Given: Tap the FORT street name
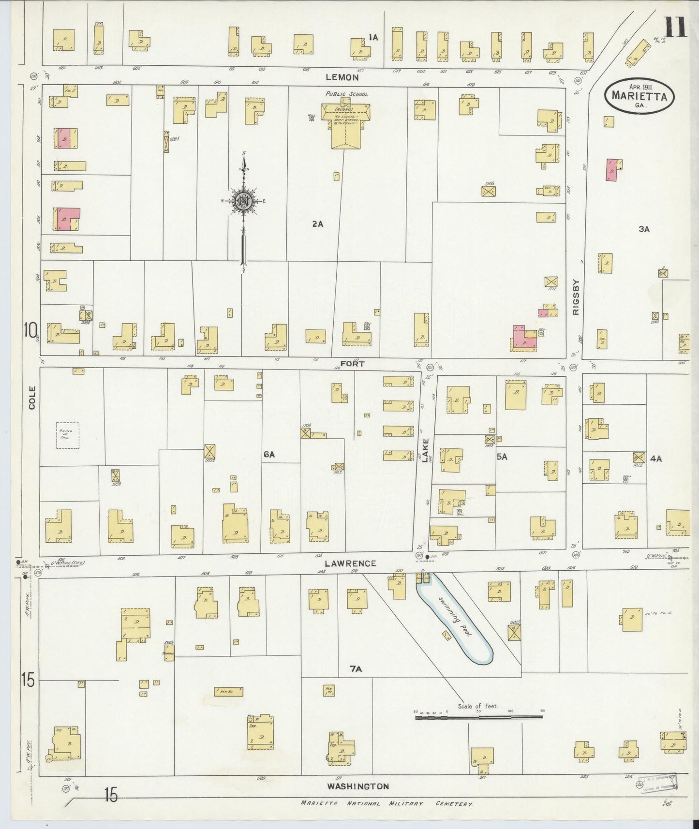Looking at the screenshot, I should click(352, 363).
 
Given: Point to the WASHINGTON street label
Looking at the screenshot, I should click(357, 786).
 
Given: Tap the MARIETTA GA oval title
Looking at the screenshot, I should click(639, 96).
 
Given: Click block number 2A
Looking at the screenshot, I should click(317, 224).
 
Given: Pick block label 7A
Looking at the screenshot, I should click(356, 669).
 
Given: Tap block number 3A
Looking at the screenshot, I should click(644, 229).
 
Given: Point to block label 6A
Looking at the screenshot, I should click(269, 454).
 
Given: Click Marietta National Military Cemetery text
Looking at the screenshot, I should click(386, 804).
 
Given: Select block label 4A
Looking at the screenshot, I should click(656, 459).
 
